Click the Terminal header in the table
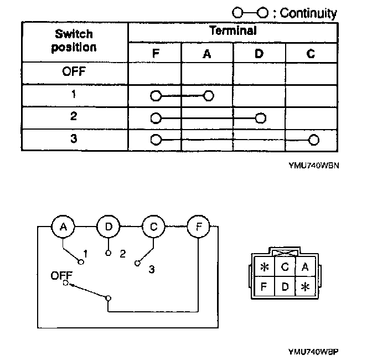coord(233,32)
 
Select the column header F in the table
coord(155,55)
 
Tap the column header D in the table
coord(259,55)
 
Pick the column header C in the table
coord(311,55)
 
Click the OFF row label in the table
coord(74,72)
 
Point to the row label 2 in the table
coord(74,117)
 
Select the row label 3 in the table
coord(74,138)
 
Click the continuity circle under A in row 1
coord(208,96)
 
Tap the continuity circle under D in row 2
coord(260,118)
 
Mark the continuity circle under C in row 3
coord(313,139)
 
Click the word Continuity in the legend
coord(308,13)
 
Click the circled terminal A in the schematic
coord(63,227)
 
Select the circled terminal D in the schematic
coord(108,227)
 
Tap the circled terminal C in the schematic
coord(153,227)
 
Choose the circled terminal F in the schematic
coord(198,227)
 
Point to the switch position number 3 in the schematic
coord(151,270)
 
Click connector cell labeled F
coord(265,287)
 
